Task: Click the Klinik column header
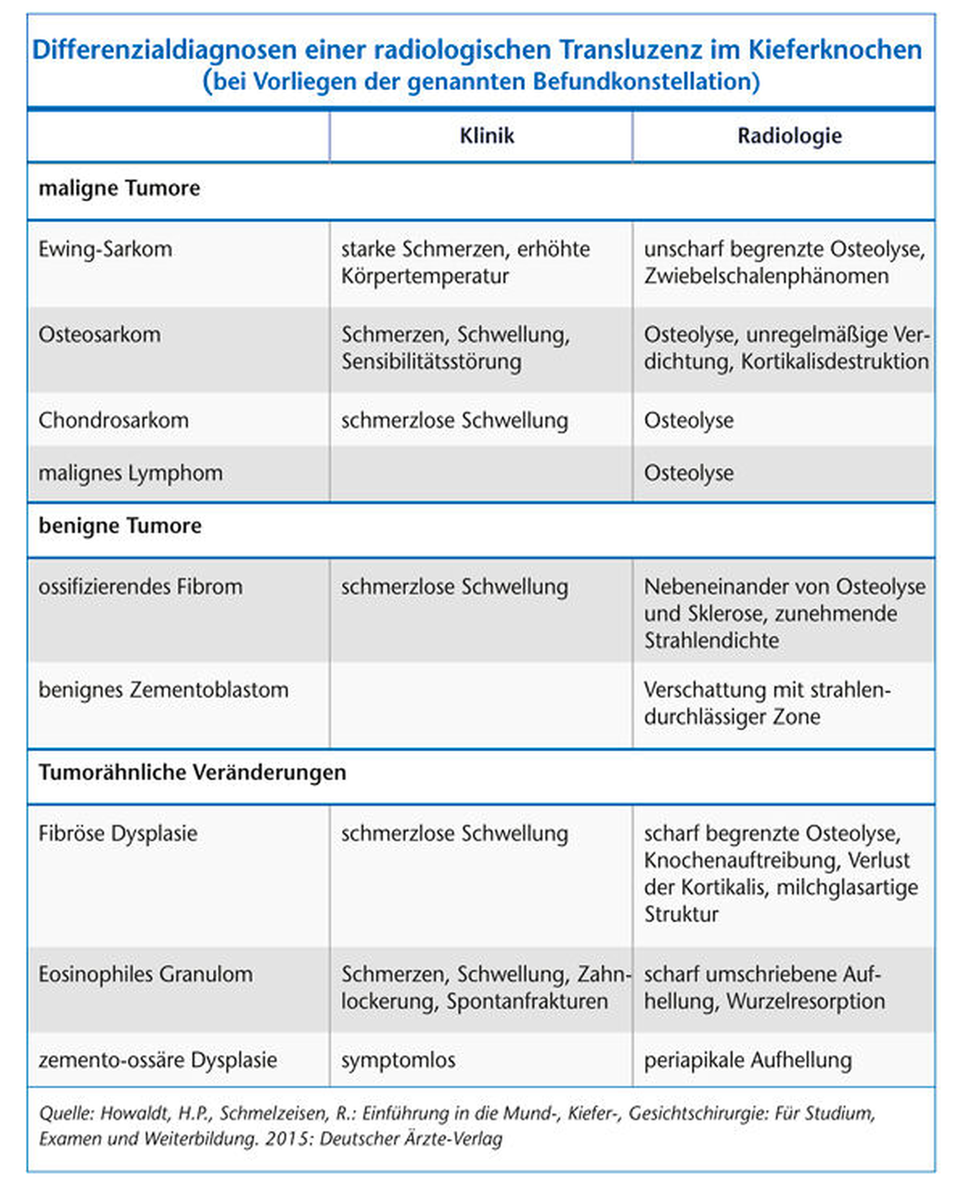(486, 136)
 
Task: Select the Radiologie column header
(789, 136)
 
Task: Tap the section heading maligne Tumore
(119, 188)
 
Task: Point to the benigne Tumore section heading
(120, 526)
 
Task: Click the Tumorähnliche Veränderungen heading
(192, 772)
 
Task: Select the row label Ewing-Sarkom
(105, 249)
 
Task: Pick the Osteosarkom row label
(100, 335)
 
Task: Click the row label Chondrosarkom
(113, 420)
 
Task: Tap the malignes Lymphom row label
(130, 473)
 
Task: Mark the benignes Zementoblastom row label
(163, 690)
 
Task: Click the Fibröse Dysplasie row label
(118, 833)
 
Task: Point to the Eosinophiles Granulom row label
(146, 974)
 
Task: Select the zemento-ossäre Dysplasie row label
(158, 1060)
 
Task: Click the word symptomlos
(399, 1060)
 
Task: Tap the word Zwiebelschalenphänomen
(766, 276)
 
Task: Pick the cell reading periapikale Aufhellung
(748, 1060)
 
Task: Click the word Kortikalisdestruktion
(835, 361)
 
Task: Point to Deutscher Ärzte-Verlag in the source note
(411, 1138)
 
